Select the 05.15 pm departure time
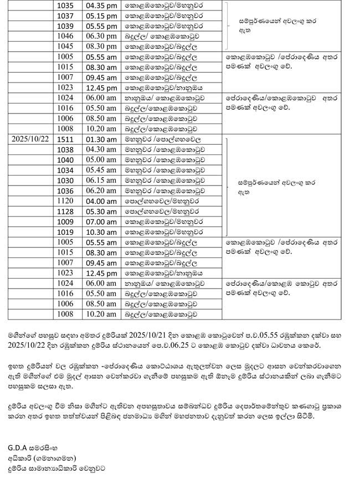click(x=100, y=16)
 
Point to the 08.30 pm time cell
click(x=100, y=46)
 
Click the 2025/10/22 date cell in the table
click(x=30, y=139)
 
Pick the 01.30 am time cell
click(x=100, y=139)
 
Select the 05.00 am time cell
click(x=100, y=159)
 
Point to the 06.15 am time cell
click(x=100, y=180)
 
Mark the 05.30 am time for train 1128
click(x=100, y=211)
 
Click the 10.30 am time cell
click(x=100, y=232)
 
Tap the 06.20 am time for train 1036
click(x=100, y=190)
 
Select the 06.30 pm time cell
click(x=100, y=36)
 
